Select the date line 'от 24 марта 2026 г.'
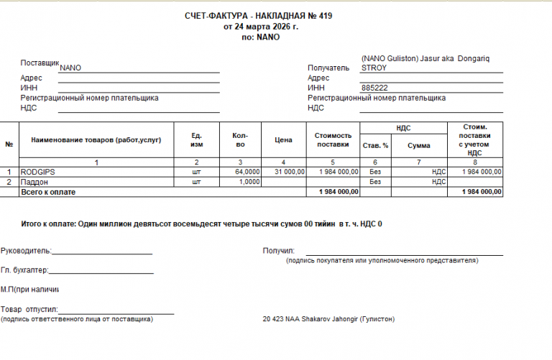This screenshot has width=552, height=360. [x=260, y=27]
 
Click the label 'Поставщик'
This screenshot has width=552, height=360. [x=40, y=63]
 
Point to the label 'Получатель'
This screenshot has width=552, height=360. [x=328, y=68]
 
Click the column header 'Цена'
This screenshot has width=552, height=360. [x=283, y=140]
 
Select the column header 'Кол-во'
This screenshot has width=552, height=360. [x=239, y=140]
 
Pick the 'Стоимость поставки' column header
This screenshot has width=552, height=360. [x=333, y=140]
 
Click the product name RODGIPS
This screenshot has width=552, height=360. [x=38, y=172]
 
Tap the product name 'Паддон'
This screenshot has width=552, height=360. [x=34, y=183]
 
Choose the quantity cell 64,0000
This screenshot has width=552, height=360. [x=247, y=172]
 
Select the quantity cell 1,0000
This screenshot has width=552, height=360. [x=249, y=183]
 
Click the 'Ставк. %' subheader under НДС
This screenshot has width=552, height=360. [x=374, y=146]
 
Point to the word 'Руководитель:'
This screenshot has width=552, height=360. [x=26, y=251]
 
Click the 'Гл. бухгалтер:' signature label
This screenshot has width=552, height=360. [x=24, y=270]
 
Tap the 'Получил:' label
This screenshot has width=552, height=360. [x=279, y=251]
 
